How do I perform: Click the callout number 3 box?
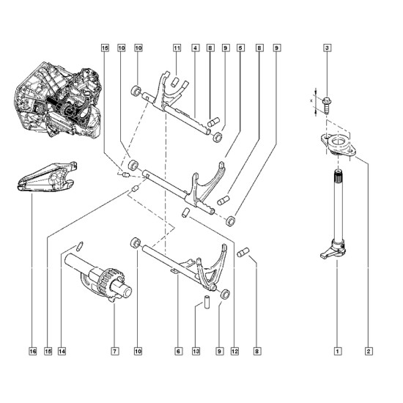(x=327, y=48)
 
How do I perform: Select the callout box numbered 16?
(x=33, y=351)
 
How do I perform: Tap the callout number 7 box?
(x=115, y=351)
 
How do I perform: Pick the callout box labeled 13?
(x=196, y=351)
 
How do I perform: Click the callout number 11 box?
(x=177, y=48)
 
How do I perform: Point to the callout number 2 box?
(x=369, y=351)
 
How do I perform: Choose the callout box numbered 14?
(x=62, y=351)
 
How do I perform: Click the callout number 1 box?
(x=338, y=351)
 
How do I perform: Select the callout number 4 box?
(x=196, y=48)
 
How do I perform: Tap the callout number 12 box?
(x=234, y=351)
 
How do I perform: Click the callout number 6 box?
(x=178, y=351)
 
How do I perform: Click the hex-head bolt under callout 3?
(x=327, y=105)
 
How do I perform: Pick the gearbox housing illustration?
(x=58, y=100)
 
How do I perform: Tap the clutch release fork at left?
(x=48, y=177)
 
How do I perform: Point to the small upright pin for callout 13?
(x=207, y=302)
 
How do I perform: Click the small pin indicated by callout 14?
(x=80, y=245)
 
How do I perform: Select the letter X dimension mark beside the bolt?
(x=311, y=101)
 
